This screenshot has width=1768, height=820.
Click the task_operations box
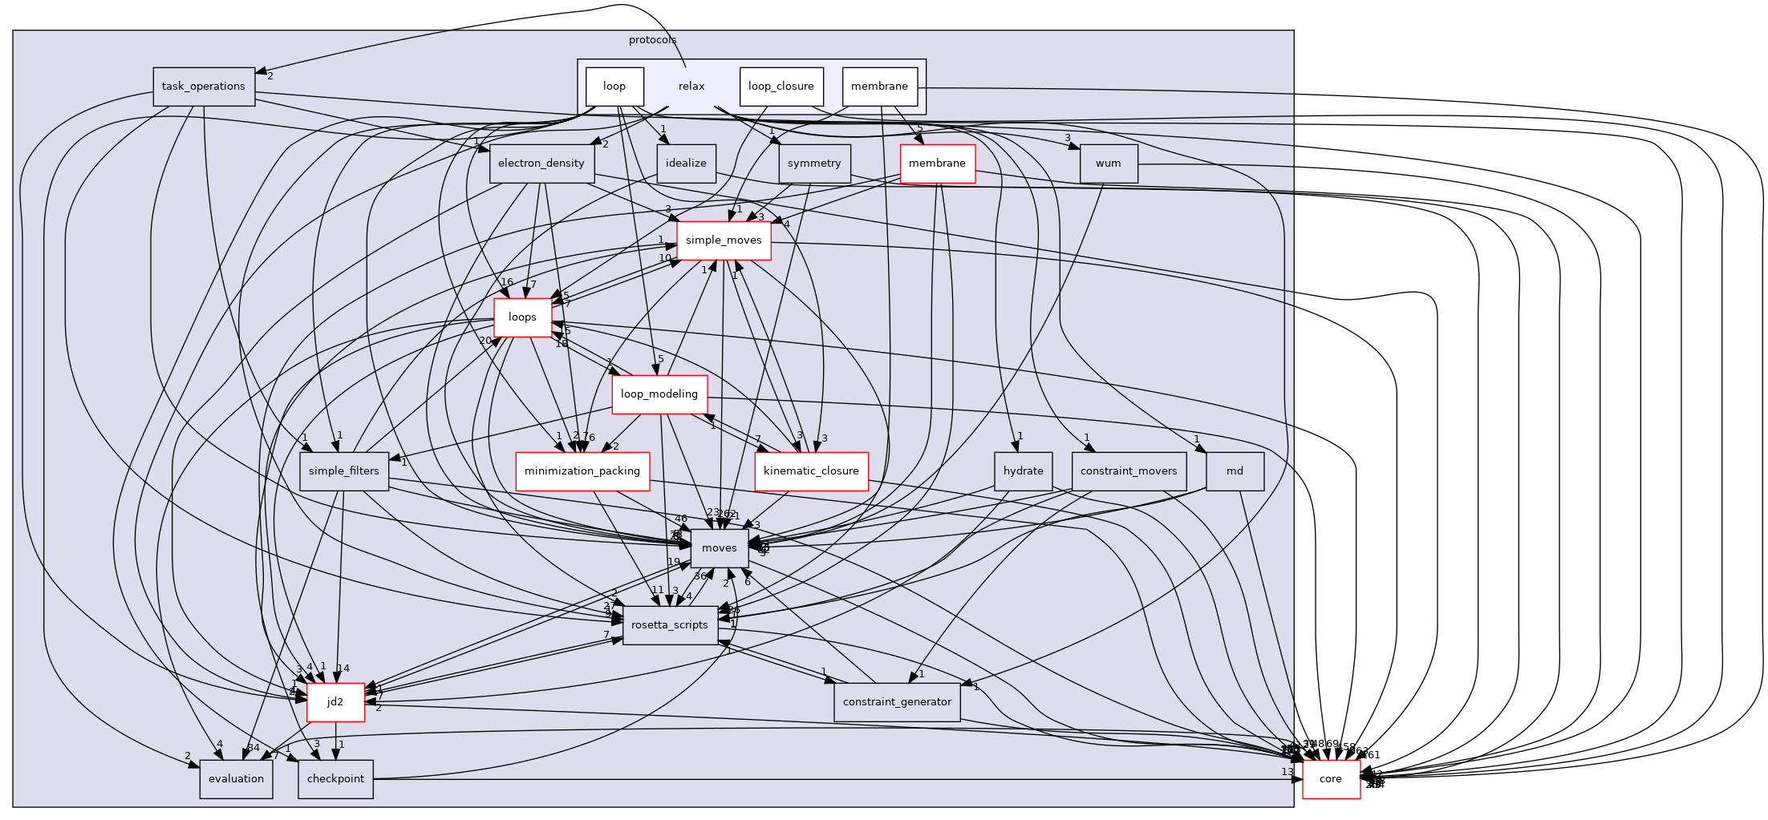click(x=204, y=87)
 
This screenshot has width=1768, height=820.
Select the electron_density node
click(x=541, y=164)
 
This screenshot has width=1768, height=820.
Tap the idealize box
click(x=686, y=164)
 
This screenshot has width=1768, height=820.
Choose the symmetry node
click(x=813, y=164)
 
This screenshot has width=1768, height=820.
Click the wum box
click(x=1108, y=164)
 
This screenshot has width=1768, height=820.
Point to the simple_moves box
click(x=724, y=240)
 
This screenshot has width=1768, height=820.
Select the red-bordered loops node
click(x=522, y=317)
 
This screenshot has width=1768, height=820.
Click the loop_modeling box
click(x=659, y=394)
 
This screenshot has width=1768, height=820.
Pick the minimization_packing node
click(x=582, y=471)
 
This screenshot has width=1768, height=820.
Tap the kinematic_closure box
click(x=811, y=471)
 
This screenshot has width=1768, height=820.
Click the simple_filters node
click(x=343, y=471)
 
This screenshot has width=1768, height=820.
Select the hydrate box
click(x=1023, y=471)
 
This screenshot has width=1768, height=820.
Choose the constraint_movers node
click(x=1129, y=471)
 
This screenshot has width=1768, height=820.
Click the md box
click(x=1235, y=471)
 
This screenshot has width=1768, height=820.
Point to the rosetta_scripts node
click(x=670, y=625)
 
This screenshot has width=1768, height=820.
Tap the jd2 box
click(x=335, y=702)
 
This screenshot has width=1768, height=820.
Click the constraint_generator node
click(x=897, y=702)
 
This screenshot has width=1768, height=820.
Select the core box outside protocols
click(x=1331, y=779)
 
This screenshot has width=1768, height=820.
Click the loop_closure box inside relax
click(x=781, y=87)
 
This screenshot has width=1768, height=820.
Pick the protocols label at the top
click(x=652, y=40)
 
